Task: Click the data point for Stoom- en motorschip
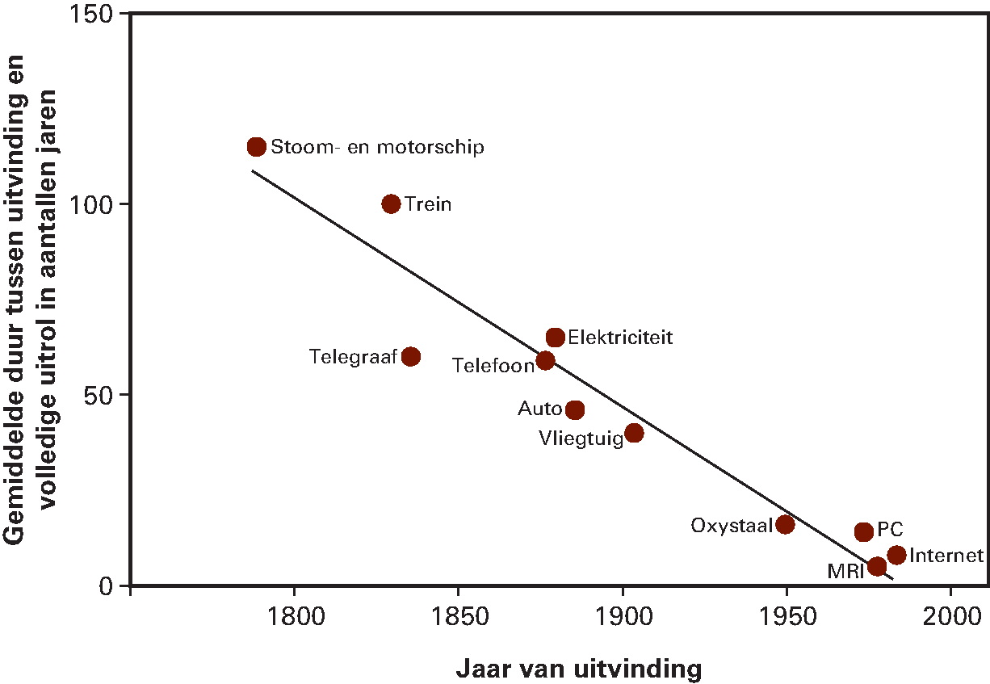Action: pos(257,146)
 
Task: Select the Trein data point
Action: pos(391,204)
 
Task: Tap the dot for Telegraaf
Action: pos(410,356)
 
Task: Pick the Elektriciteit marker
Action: pos(555,337)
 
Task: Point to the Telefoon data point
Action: pos(545,360)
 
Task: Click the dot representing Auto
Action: pos(574,409)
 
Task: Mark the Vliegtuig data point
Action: pos(634,433)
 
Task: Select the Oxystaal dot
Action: pos(785,524)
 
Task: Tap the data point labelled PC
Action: pos(863,531)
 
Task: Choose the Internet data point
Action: pos(896,555)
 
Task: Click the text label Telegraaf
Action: pos(353,357)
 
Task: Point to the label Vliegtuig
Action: pos(581,439)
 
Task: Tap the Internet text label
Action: pos(946,556)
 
